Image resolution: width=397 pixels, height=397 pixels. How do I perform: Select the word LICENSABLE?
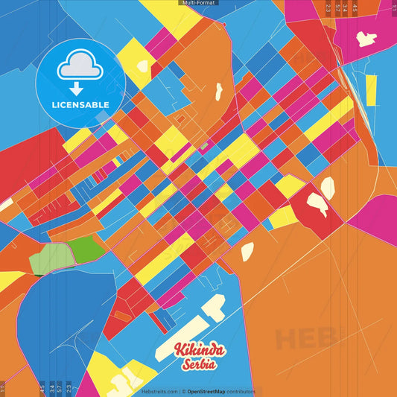click(x=80, y=105)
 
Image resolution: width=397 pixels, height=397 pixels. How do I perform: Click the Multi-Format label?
click(x=198, y=3)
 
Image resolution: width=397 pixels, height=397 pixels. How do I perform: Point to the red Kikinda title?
click(x=195, y=350)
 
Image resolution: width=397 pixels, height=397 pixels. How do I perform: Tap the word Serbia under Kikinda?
click(x=198, y=364)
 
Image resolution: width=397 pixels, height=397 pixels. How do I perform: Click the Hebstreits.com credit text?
click(x=159, y=391)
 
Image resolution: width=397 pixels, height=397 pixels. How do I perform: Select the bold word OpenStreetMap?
click(x=211, y=391)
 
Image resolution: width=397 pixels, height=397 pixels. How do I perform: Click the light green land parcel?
click(x=50, y=258)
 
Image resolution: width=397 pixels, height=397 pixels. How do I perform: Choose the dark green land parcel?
click(x=88, y=247)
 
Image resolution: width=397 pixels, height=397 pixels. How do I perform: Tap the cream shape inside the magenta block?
click(x=366, y=39)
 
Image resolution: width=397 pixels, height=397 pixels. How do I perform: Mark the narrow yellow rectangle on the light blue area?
click(x=370, y=90)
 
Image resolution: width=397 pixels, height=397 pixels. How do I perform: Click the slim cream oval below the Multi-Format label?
click(x=219, y=92)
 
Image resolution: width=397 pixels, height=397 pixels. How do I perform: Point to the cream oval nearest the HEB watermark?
click(x=247, y=251)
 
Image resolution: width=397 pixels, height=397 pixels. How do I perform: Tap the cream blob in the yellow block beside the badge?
click(x=142, y=66)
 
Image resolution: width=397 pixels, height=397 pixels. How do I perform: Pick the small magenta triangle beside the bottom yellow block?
click(x=88, y=384)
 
